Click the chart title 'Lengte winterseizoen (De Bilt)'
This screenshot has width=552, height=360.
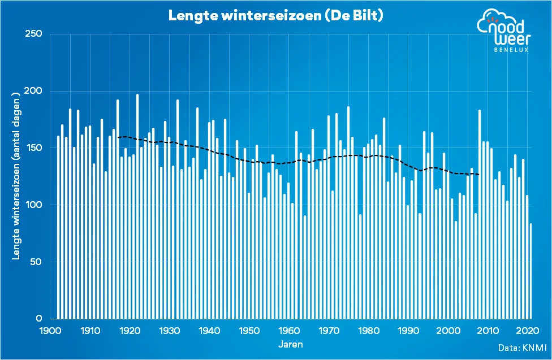[x=276, y=16]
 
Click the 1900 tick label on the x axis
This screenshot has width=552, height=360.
[x=50, y=331]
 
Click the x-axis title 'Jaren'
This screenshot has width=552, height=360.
[x=291, y=344]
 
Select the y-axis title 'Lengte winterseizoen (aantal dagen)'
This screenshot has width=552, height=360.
[x=17, y=179]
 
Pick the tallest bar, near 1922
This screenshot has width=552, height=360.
[x=137, y=206]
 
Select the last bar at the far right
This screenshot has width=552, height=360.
[x=531, y=271]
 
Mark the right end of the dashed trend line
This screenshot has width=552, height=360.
[x=479, y=175]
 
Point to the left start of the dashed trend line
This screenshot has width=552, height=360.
[x=118, y=137]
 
